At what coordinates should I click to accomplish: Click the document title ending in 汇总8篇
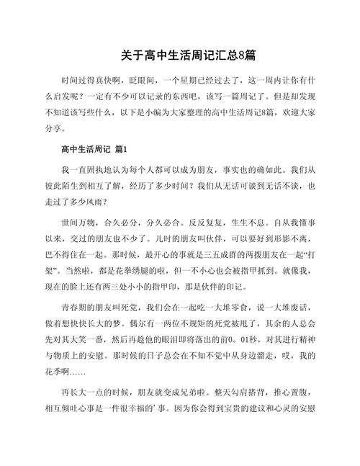(180, 55)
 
